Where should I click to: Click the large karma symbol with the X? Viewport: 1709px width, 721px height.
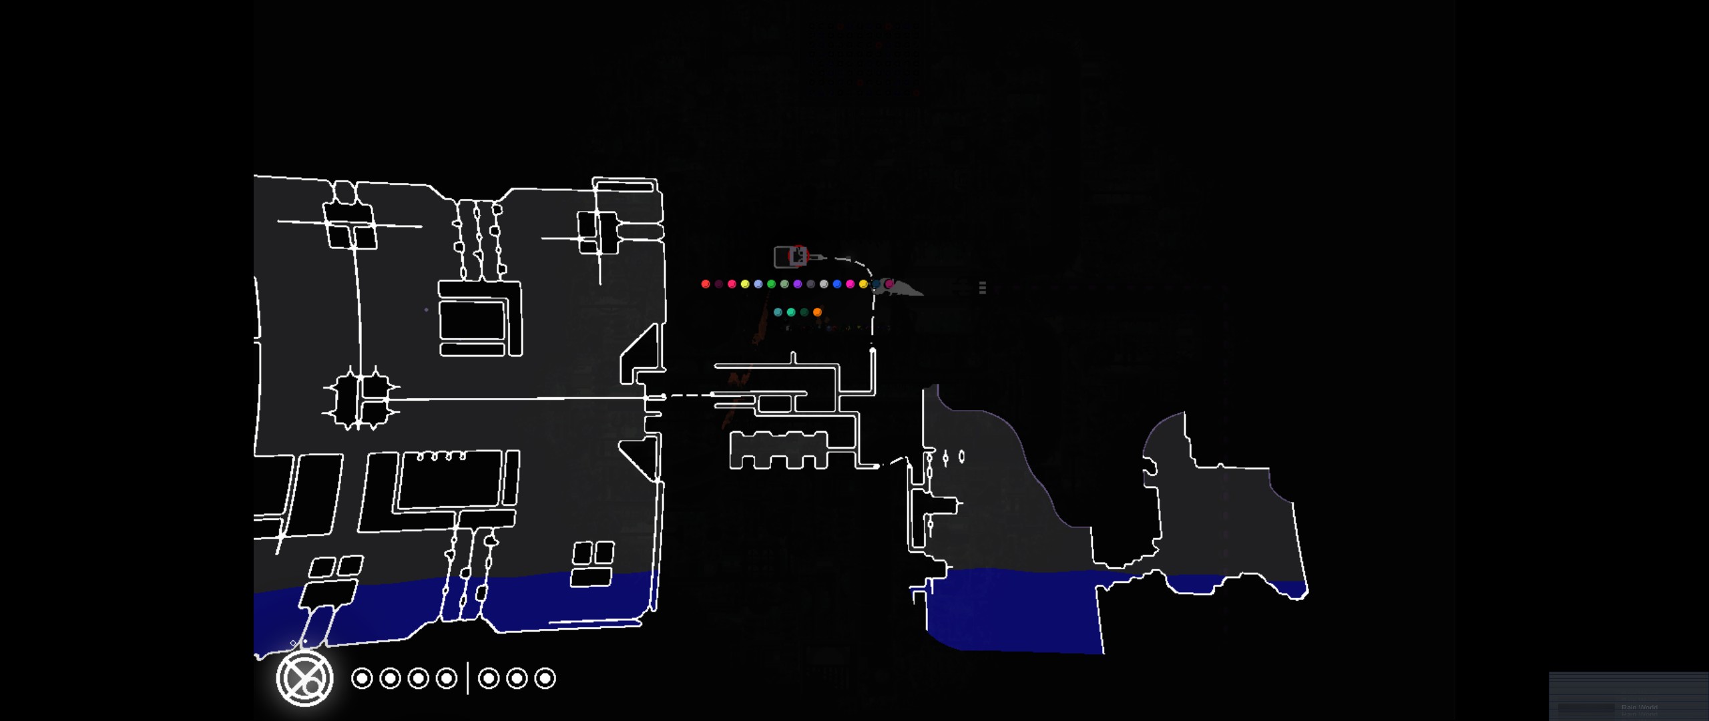(304, 678)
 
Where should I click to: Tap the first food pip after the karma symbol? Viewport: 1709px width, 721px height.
(362, 678)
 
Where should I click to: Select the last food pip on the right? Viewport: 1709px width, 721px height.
(545, 678)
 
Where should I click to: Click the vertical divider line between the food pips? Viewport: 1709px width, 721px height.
(467, 678)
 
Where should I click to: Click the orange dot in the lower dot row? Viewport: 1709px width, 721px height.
(817, 312)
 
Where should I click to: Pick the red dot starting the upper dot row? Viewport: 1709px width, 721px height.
(706, 284)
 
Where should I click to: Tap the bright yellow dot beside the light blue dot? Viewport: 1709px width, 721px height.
(745, 284)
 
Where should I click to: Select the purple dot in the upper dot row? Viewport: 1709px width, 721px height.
(798, 284)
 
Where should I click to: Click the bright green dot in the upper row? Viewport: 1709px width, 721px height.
(771, 284)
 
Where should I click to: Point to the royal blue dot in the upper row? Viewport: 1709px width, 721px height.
(837, 284)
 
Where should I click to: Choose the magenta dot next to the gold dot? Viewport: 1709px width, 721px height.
(850, 284)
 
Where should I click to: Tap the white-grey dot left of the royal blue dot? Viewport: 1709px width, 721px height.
(824, 284)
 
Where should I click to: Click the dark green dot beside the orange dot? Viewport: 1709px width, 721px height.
(804, 312)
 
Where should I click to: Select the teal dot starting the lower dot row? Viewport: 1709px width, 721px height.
(778, 312)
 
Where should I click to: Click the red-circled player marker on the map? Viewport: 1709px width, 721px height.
(798, 254)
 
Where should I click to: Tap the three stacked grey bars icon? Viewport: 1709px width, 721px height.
(982, 287)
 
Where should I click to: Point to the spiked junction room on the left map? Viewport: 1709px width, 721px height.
(361, 398)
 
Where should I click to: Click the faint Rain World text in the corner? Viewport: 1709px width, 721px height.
(1639, 708)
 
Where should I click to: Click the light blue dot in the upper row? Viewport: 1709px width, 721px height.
(758, 284)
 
